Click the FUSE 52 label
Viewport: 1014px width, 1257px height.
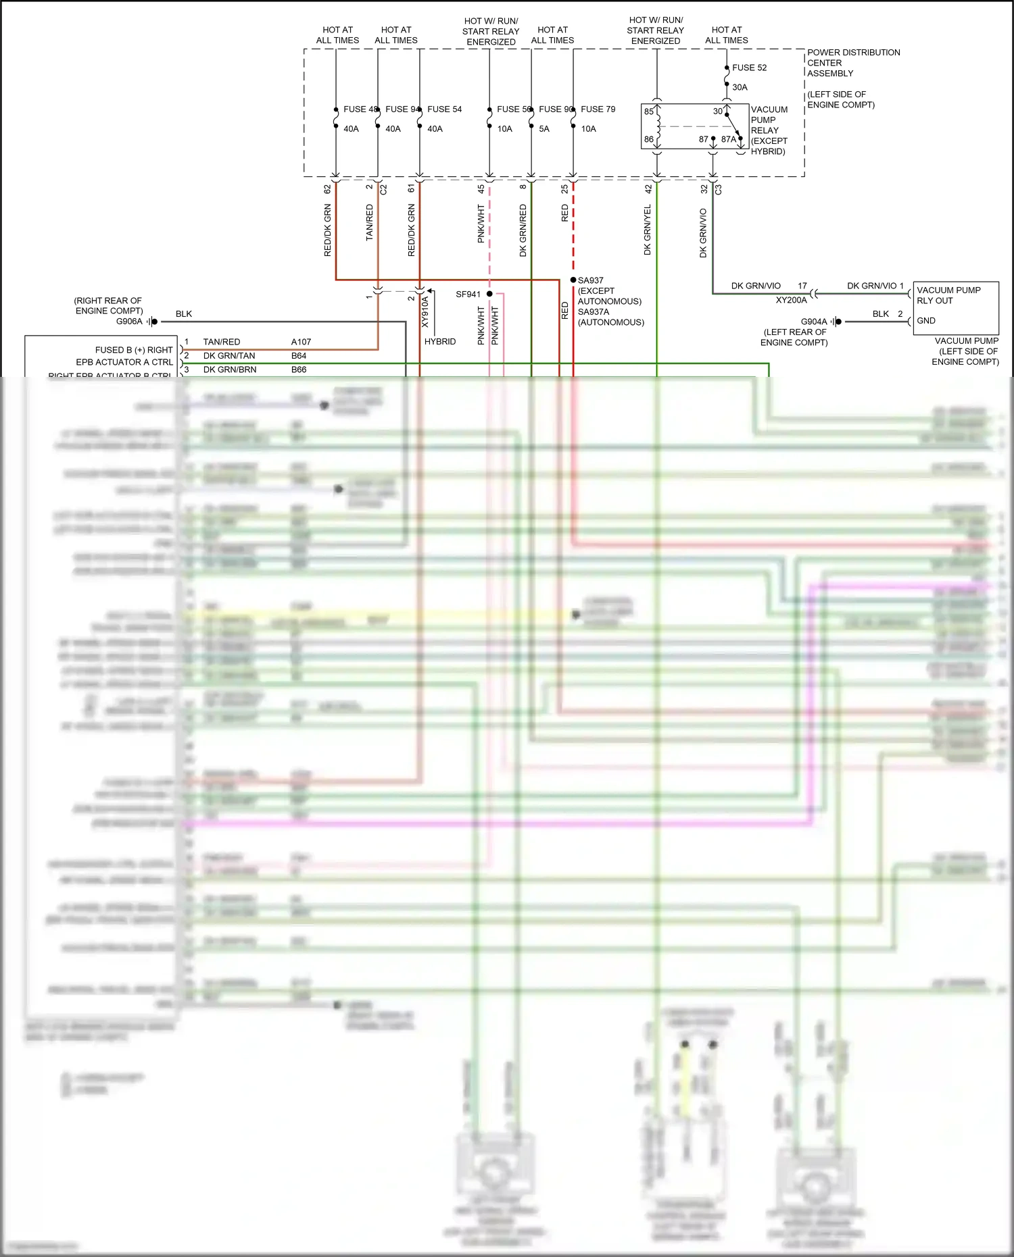[749, 68]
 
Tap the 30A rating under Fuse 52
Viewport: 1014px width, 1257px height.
[740, 87]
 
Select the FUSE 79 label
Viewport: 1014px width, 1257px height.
[598, 109]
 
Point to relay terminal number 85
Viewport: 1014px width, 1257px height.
[649, 111]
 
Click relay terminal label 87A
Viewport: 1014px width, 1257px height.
[728, 139]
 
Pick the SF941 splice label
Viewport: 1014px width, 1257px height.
[468, 294]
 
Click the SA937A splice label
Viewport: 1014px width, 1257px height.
[593, 312]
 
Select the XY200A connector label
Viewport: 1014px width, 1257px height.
[791, 300]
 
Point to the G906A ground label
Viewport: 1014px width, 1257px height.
[129, 322]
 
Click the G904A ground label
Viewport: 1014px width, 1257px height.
[813, 322]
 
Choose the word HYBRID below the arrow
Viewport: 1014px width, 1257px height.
[440, 342]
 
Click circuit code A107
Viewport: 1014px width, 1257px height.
[301, 342]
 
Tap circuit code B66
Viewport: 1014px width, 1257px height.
[299, 369]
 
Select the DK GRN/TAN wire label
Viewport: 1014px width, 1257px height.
[229, 356]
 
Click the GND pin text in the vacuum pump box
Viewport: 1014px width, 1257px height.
[925, 321]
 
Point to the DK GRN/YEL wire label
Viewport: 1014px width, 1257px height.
[647, 230]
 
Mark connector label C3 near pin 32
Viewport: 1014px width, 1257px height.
[718, 190]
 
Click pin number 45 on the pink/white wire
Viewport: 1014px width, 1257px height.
[481, 189]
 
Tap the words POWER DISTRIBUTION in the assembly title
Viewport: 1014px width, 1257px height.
[853, 52]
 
